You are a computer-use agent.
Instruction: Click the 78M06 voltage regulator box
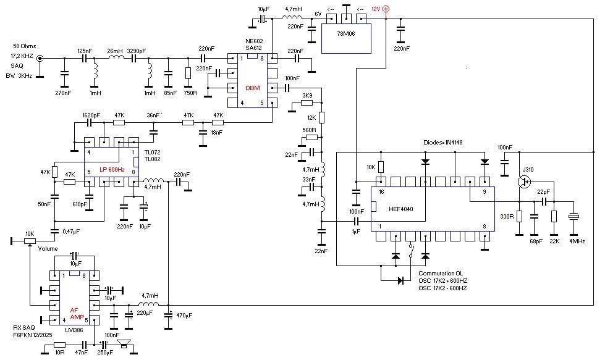[x=346, y=38]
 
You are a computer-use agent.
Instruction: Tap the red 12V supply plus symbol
[x=386, y=9]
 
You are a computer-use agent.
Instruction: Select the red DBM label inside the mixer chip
[x=253, y=88]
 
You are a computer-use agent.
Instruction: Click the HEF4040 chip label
[x=401, y=209]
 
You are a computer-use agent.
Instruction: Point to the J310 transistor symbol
[x=524, y=182]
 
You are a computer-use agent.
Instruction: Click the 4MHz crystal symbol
[x=573, y=217]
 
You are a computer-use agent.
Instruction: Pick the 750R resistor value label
[x=190, y=93]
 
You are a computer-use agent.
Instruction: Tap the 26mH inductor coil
[x=116, y=57]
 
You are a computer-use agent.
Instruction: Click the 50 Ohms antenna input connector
[x=40, y=58]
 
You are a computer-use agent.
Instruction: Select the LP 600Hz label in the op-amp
[x=112, y=170]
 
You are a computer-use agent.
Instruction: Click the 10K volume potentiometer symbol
[x=30, y=241]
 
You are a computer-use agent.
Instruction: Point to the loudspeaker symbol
[x=124, y=344]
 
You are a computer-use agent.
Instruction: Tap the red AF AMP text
[x=77, y=313]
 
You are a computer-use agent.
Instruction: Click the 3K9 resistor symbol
[x=307, y=103]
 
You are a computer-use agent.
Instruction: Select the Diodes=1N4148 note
[x=442, y=142]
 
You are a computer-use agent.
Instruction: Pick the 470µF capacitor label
[x=184, y=315]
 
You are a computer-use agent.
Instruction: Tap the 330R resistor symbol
[x=519, y=216]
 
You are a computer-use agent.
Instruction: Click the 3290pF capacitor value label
[x=136, y=51]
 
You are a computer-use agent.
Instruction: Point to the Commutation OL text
[x=441, y=274]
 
